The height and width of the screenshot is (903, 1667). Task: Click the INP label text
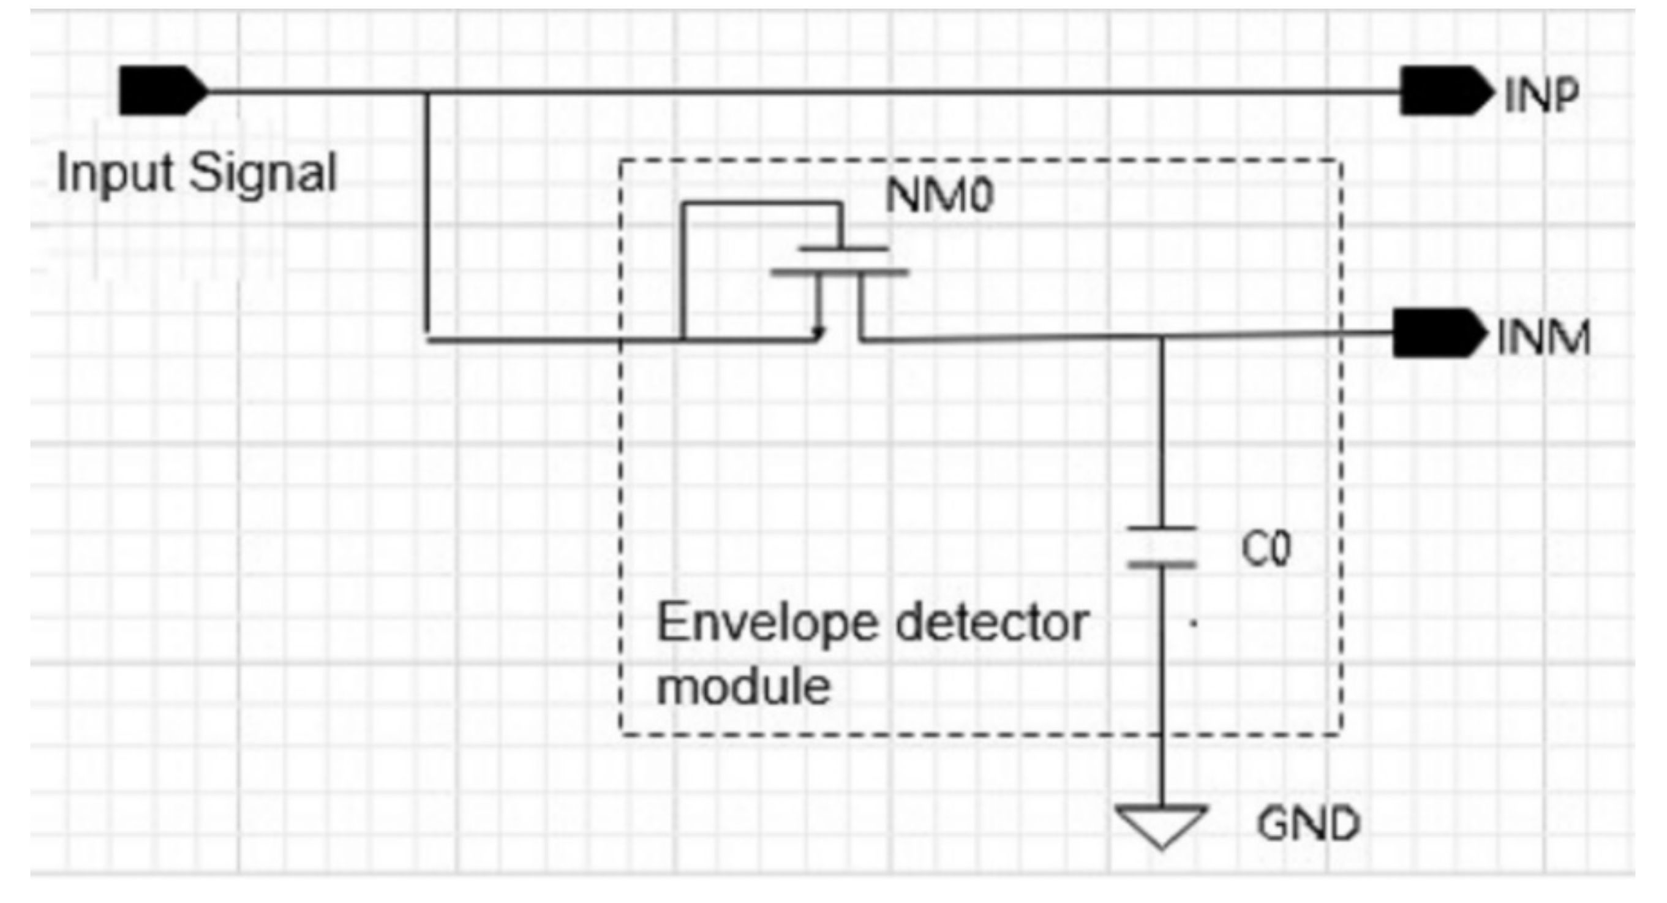tap(1541, 95)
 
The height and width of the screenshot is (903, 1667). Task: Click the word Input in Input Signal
tap(115, 173)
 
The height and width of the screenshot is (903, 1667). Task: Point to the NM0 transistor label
tap(938, 195)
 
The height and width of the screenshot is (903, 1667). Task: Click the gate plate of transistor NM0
tap(843, 249)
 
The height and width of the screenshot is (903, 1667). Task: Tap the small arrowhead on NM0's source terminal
tap(819, 333)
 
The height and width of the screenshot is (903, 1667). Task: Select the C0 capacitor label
tap(1265, 549)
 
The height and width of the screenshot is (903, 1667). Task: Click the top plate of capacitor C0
tap(1162, 529)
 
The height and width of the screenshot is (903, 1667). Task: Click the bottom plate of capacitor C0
tap(1162, 565)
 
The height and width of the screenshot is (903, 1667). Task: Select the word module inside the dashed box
tap(743, 687)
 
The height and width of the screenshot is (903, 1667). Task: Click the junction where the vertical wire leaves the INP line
tap(426, 92)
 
